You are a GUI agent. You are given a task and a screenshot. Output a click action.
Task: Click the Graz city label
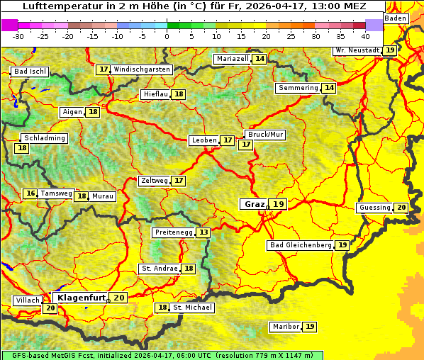pyautogui.click(x=254, y=204)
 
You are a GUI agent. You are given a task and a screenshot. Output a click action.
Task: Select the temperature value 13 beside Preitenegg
pyautogui.click(x=204, y=232)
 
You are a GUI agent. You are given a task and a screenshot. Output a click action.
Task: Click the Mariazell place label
pyautogui.click(x=233, y=59)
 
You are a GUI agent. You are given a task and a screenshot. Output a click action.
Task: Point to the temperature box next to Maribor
pyautogui.click(x=311, y=327)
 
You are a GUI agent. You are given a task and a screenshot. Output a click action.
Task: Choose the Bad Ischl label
pyautogui.click(x=30, y=72)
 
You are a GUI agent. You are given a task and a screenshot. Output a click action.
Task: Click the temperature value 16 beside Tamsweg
pyautogui.click(x=30, y=193)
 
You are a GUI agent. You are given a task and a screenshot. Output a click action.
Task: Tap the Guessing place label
pyautogui.click(x=374, y=208)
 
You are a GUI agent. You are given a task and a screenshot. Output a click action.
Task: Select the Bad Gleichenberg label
pyautogui.click(x=300, y=245)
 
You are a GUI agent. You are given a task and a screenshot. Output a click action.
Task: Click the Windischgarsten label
pyautogui.click(x=142, y=69)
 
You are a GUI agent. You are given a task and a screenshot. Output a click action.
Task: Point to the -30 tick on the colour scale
pyautogui.click(x=18, y=36)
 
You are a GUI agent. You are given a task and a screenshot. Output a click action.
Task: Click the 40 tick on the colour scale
pyautogui.click(x=365, y=36)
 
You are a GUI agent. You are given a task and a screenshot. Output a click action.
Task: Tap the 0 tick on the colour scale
pyautogui.click(x=167, y=36)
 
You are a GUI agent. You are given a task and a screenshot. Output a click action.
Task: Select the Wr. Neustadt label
pyautogui.click(x=357, y=50)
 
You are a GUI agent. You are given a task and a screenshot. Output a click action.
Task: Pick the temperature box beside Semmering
pyautogui.click(x=329, y=88)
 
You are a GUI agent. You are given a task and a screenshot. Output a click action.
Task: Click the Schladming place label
pyautogui.click(x=44, y=138)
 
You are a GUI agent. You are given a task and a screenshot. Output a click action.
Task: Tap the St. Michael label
pyautogui.click(x=193, y=308)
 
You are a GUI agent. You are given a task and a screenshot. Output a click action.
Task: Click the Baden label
pyautogui.click(x=396, y=18)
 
